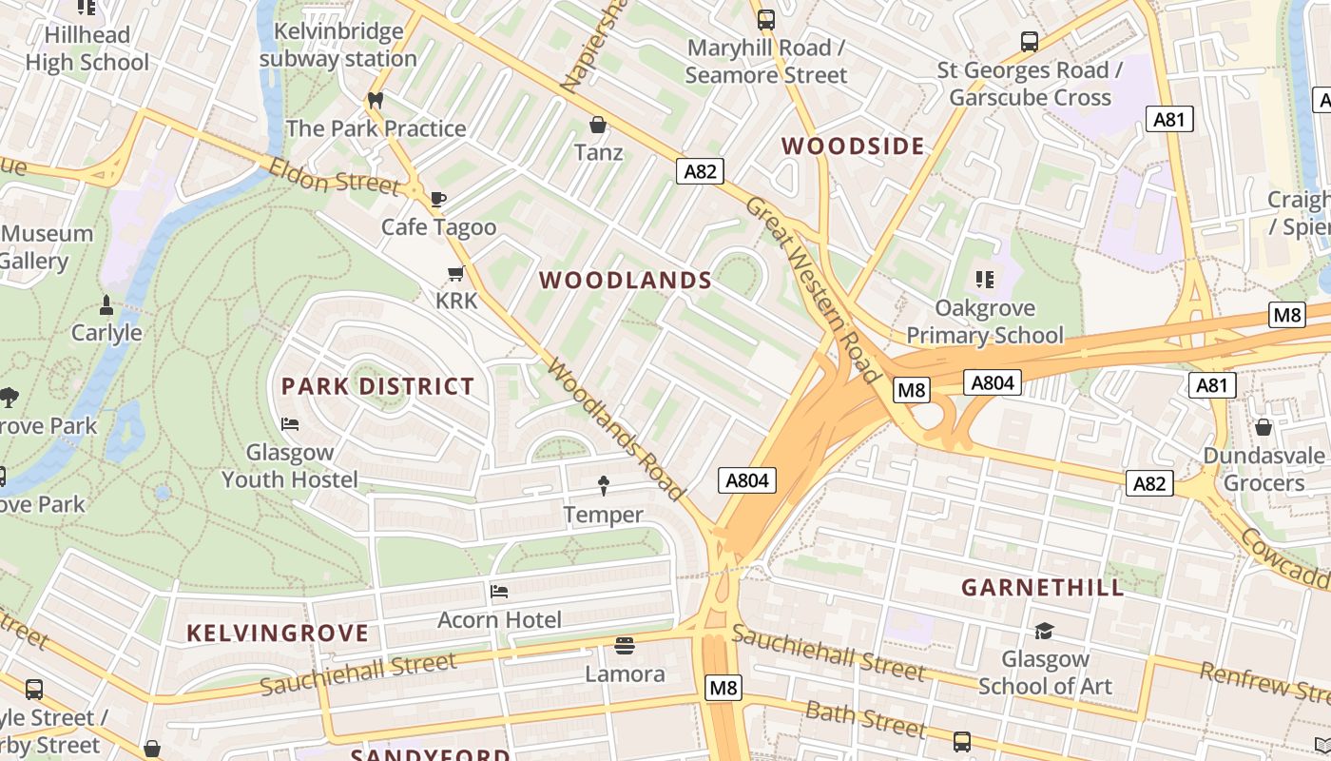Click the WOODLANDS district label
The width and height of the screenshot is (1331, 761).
626,280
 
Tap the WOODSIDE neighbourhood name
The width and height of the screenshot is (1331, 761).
853,146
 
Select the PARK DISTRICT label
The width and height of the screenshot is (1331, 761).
377,386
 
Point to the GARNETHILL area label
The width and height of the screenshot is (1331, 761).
1042,587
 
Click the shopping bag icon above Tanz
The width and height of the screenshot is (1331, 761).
598,125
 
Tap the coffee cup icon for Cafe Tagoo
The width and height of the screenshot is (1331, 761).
437,199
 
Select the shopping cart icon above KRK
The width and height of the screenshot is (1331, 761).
455,274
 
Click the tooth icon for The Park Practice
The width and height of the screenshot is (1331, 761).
375,100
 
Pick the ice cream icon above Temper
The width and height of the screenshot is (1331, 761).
603,486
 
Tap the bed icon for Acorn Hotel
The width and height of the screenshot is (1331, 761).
499,592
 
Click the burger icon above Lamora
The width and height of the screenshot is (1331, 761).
624,646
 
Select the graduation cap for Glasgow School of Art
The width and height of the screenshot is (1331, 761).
1044,631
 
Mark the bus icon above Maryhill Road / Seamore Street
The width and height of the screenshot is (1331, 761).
765,19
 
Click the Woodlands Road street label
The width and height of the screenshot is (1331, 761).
615,430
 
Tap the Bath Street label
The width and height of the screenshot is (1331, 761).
865,719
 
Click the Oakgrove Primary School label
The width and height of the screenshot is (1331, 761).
984,322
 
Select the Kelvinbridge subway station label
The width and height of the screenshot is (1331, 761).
338,45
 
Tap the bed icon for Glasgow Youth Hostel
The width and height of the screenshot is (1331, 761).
290,423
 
